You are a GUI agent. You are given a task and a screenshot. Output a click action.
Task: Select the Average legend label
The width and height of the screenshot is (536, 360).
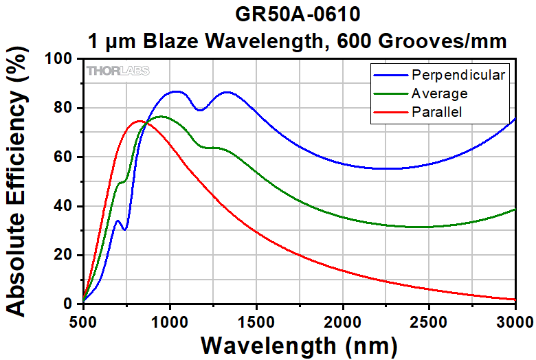pos(439,93)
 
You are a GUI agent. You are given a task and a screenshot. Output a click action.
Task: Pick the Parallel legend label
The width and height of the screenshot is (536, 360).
pos(436,111)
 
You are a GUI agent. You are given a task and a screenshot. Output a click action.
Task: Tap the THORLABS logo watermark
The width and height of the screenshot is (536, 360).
pos(118,71)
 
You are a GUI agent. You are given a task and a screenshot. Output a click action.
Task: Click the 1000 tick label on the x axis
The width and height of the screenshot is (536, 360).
pos(170,321)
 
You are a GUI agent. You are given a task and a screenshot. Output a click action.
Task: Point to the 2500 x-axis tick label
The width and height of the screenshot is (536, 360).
pos(429,321)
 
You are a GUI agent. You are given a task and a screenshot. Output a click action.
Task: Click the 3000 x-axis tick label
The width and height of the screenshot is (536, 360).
pos(514,321)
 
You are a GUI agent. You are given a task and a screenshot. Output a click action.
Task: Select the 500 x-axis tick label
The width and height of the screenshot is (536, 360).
pos(83,321)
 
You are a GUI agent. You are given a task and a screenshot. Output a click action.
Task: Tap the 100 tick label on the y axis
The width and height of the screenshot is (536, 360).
pos(63,60)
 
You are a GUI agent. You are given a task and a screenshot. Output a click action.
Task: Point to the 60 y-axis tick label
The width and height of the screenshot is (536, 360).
pos(67,157)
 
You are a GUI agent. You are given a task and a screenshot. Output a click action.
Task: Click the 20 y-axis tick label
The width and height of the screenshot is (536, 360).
pos(67,256)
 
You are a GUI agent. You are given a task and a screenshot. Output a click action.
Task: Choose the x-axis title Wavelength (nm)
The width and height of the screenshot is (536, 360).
pos(299,344)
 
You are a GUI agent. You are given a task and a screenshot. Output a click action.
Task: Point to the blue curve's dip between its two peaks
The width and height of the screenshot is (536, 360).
pos(200,110)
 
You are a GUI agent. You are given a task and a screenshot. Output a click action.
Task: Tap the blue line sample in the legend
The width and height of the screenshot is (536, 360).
pos(390,74)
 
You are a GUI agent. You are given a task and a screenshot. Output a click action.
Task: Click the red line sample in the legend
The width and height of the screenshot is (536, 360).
pos(390,111)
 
